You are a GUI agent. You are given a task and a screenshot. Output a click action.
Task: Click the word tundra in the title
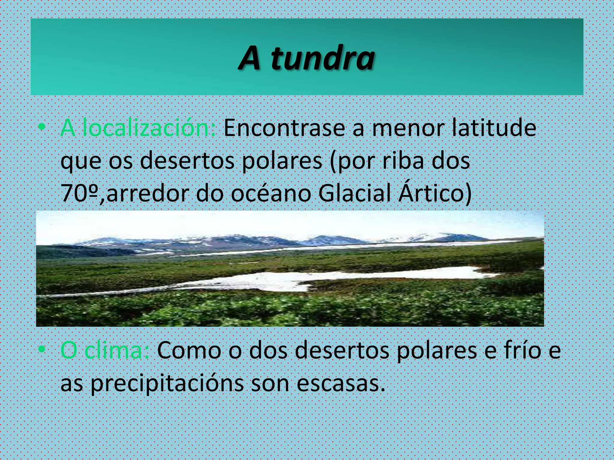pos(323,58)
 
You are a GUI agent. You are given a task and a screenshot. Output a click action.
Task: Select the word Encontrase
pos(285,128)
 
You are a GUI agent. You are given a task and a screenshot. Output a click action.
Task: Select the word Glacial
pos(355,193)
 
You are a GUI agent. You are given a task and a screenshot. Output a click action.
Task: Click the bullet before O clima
pos(42,349)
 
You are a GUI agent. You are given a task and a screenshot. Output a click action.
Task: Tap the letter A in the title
pos(249,58)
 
